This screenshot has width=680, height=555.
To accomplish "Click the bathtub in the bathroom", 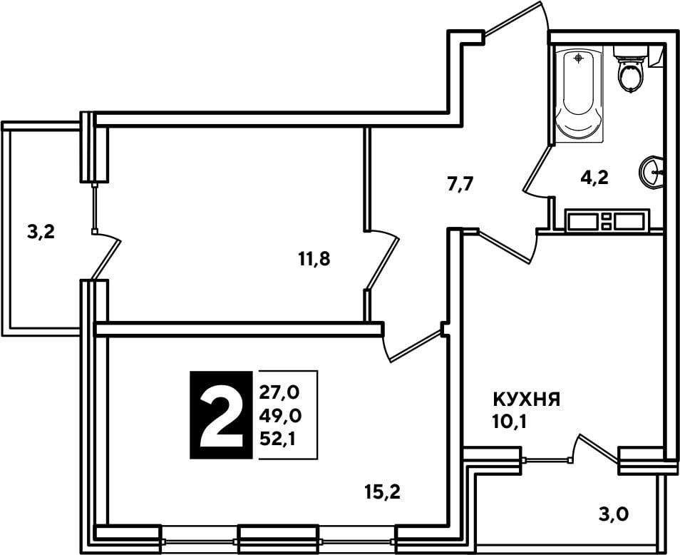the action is pos(579,95).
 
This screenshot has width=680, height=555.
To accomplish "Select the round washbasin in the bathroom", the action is pos(651,172).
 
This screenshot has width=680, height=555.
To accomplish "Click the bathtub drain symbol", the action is pos(579,58).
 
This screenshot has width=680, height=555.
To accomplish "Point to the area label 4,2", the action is pos(594,178).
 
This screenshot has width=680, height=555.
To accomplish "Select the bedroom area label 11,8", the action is pos(314,259).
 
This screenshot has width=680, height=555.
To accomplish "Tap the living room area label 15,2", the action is pos(383,492).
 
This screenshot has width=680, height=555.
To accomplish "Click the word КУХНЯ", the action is pos(527,399).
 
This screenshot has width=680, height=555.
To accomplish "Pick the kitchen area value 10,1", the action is pos(509,422).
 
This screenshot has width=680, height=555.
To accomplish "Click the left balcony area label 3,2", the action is pos(41,233).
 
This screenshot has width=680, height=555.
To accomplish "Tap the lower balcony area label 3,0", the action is pos(614,514).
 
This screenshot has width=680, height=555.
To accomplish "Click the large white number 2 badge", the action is pos(221,415).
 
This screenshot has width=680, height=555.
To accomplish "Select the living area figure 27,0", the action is pos(279,393).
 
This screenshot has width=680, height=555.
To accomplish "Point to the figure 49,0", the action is pos(280,416).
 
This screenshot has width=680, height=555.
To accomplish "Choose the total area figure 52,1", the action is pos(277,439).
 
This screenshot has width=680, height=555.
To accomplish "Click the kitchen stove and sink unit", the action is pos(607,220).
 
